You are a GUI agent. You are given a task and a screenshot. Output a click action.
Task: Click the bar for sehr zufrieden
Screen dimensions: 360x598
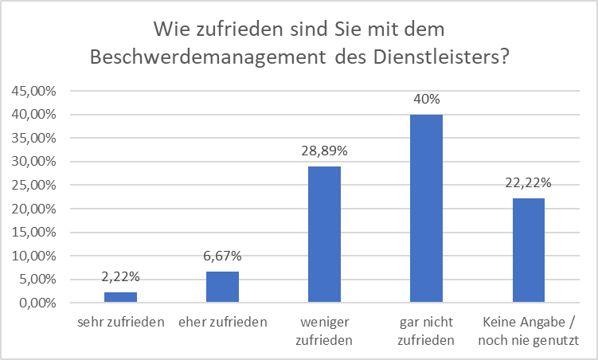coord(121,297)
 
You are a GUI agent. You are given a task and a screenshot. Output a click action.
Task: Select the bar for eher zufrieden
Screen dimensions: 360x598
coord(222,287)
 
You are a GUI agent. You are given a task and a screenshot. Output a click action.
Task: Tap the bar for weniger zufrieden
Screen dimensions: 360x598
coord(324,235)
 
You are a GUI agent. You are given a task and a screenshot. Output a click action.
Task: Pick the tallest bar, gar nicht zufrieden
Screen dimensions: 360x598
coord(426,209)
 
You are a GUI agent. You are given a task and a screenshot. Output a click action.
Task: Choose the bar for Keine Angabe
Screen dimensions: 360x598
coord(528,251)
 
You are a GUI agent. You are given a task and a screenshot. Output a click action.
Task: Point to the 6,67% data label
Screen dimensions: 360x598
coord(222,257)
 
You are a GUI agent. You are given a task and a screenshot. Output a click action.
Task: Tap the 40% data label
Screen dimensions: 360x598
coord(426,100)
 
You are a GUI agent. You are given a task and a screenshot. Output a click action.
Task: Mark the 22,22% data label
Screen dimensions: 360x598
coord(528,184)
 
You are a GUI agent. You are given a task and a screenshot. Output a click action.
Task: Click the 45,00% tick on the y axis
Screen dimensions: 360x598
coord(34,91)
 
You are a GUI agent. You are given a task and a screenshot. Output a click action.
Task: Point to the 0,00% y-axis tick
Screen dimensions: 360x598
coord(37,303)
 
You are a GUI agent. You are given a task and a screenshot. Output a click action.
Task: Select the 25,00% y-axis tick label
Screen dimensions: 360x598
coord(34,186)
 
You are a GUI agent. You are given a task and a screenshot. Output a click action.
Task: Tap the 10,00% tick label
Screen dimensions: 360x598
coord(34,256)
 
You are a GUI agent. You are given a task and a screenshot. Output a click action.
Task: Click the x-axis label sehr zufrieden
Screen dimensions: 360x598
coord(121,323)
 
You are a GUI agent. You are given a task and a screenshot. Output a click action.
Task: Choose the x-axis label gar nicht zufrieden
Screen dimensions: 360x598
coord(426,331)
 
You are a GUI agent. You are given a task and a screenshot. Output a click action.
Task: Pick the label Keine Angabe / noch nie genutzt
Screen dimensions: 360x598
coord(528,331)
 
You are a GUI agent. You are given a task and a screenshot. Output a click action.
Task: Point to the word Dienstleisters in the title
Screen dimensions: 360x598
coord(433,57)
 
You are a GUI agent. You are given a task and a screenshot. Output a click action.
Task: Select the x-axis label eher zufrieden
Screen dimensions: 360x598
coord(222,323)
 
